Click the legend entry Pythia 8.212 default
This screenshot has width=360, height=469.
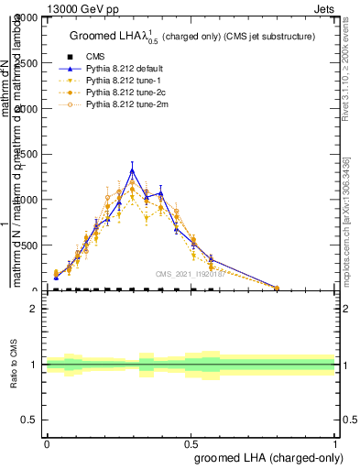click(x=125, y=68)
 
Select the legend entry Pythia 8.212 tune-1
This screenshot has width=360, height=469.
click(x=122, y=81)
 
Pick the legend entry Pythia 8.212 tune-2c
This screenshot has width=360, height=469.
click(x=124, y=93)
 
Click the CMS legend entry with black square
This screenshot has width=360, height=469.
click(x=95, y=55)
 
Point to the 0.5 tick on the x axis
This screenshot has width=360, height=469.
click(x=191, y=442)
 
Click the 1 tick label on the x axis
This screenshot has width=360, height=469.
click(x=335, y=442)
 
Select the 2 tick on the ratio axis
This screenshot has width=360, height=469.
click(x=34, y=309)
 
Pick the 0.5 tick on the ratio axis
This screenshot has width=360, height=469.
click(x=29, y=420)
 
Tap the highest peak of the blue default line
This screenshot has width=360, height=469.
click(x=132, y=169)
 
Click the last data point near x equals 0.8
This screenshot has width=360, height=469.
click(x=277, y=288)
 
